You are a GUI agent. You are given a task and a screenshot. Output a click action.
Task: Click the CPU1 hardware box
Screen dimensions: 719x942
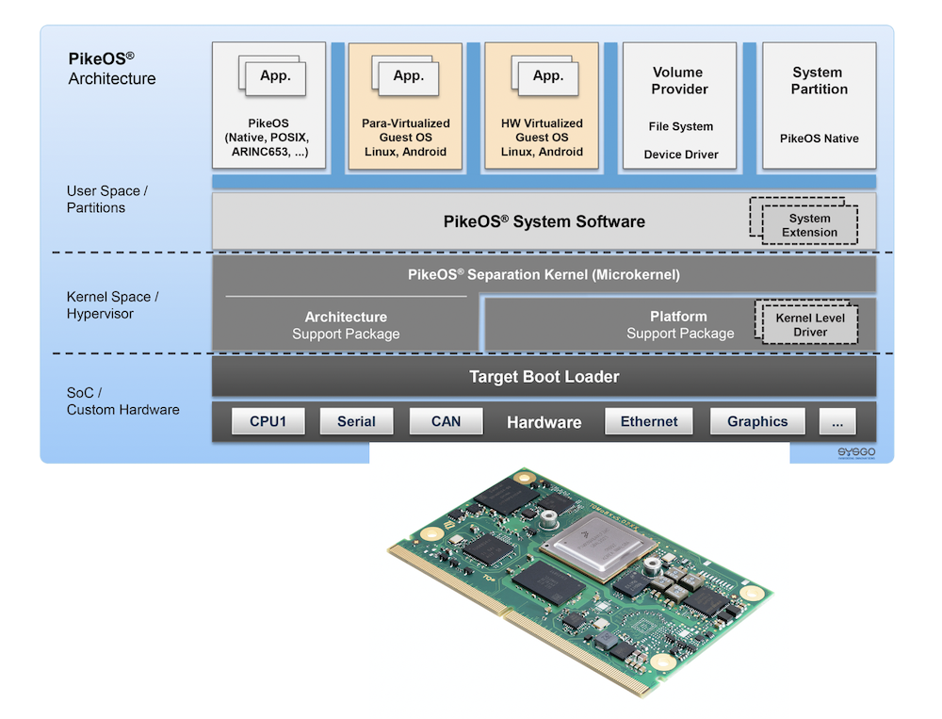[x=268, y=421]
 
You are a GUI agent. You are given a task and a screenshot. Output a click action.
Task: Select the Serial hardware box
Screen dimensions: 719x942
[x=356, y=421]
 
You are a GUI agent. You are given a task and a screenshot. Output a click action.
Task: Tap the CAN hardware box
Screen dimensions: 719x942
[x=446, y=421]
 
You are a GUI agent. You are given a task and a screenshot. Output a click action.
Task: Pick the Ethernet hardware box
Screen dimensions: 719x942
[x=649, y=421]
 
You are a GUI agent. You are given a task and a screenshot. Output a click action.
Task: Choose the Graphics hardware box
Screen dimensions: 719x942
[x=757, y=421]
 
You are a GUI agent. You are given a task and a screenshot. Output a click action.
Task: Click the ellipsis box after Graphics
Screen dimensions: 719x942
[x=837, y=421]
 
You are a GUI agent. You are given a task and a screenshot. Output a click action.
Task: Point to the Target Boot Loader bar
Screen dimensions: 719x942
[x=544, y=377]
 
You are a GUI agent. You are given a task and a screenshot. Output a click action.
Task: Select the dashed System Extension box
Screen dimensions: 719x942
[x=809, y=224]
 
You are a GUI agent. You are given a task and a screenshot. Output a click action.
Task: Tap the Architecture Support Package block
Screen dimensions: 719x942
[x=346, y=325]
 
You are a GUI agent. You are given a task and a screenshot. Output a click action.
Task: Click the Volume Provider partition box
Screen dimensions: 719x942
[x=679, y=106]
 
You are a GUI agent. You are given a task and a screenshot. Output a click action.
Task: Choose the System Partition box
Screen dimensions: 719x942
[x=819, y=106]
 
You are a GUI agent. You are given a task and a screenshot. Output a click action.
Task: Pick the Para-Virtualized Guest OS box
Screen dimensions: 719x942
[x=406, y=106]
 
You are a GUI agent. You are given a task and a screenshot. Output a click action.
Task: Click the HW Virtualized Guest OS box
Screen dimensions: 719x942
[x=542, y=106]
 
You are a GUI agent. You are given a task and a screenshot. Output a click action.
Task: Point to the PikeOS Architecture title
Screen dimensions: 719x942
[x=111, y=68]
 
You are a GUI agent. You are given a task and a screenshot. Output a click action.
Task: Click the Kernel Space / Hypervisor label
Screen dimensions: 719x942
[x=111, y=305]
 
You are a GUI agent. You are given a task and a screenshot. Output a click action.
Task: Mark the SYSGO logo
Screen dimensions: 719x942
[x=856, y=453]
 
